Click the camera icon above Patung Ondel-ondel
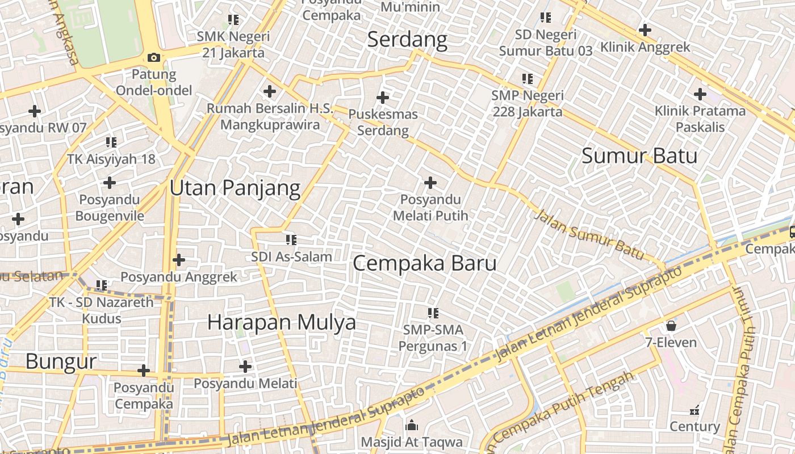coord(153,57)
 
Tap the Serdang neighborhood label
coord(407,40)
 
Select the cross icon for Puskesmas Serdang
coord(383,97)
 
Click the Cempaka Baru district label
coord(425,263)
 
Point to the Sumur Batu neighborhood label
coord(639,155)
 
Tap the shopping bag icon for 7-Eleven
coord(671,325)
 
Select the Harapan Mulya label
coord(282,322)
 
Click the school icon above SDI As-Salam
coord(291,240)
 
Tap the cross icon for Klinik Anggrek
coord(645,30)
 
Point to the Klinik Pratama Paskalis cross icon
coord(700,94)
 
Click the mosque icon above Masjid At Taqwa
coord(412,425)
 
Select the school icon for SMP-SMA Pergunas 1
coord(433,313)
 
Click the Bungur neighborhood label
coord(61,361)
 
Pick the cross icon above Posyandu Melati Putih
coord(430,182)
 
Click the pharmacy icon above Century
coord(694,410)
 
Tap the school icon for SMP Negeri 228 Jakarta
coord(528,79)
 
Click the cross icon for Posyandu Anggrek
coord(179,260)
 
